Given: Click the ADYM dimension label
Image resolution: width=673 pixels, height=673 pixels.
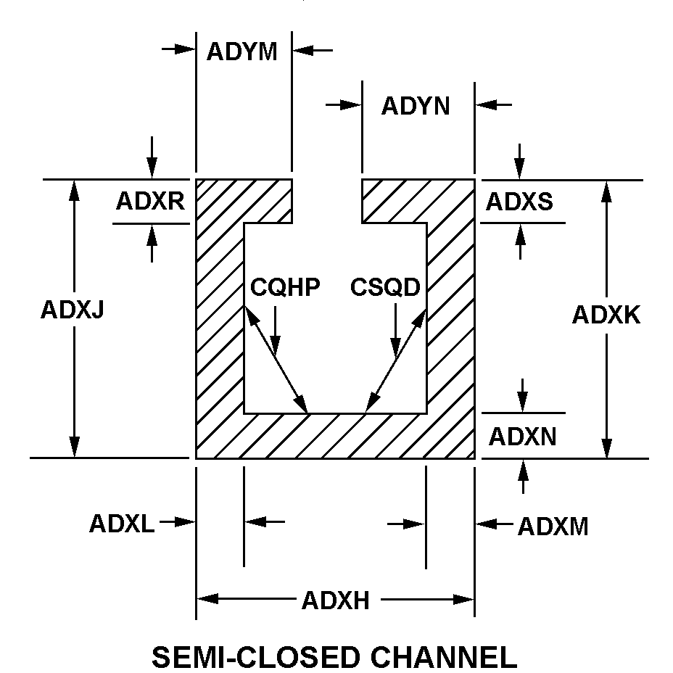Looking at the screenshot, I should (242, 52).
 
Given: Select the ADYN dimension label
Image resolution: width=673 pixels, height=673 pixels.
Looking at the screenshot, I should (416, 106).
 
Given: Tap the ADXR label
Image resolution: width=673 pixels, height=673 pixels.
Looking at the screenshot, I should (150, 201).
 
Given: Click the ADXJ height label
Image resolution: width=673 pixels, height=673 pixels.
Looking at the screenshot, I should (73, 310).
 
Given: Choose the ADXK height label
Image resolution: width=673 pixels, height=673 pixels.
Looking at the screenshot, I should (606, 315).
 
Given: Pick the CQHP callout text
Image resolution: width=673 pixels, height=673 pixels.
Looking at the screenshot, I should (285, 288).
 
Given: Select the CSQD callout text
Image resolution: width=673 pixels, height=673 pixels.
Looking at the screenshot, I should (385, 288).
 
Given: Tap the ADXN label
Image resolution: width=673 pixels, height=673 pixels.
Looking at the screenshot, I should (522, 437).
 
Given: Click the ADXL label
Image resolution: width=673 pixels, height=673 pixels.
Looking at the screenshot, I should (122, 523).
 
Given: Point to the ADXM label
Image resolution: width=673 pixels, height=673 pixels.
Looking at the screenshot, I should (553, 527).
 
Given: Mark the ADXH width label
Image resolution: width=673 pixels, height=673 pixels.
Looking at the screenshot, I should (336, 600).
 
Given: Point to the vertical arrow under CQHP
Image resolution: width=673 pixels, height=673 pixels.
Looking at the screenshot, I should (276, 326).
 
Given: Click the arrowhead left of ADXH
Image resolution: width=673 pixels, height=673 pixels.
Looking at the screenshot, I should (207, 599).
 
